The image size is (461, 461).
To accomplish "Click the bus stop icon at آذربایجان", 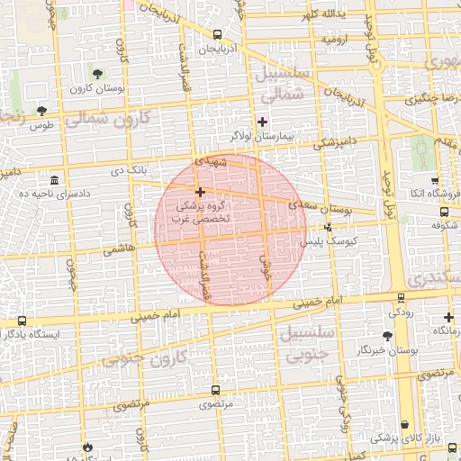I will pyautogui.click(x=217, y=35).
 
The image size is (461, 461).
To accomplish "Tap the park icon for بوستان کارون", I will pyautogui.click(x=97, y=74).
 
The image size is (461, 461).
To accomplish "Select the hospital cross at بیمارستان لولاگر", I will pyautogui.click(x=262, y=122).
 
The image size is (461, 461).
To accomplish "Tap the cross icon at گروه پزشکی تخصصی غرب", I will pyautogui.click(x=200, y=192).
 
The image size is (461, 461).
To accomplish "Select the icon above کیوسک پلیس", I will pyautogui.click(x=328, y=227).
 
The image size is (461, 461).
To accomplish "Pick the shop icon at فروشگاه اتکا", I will pyautogui.click(x=435, y=180).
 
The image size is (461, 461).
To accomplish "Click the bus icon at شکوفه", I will pyautogui.click(x=444, y=212).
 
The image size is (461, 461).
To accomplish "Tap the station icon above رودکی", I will pyautogui.click(x=401, y=298).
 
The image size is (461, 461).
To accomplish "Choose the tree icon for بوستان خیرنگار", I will pyautogui.click(x=388, y=335).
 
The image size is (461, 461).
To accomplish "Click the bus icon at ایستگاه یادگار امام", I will pyautogui.click(x=22, y=320).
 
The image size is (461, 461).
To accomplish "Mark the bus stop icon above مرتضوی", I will pyautogui.click(x=214, y=391).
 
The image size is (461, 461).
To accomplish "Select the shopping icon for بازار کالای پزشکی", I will pyautogui.click(x=405, y=424).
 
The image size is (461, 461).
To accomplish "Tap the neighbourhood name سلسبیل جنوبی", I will pyautogui.click(x=309, y=345).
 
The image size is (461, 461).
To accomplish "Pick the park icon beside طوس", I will pyautogui.click(x=41, y=111).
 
